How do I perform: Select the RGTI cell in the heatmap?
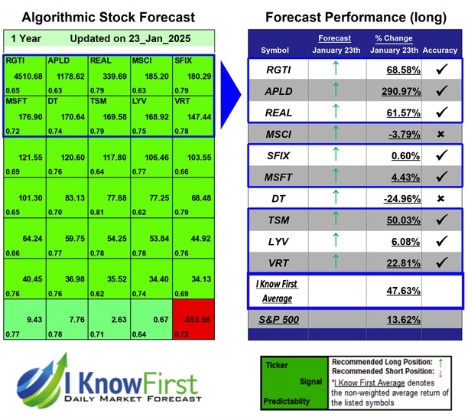pyautogui.click(x=24, y=74)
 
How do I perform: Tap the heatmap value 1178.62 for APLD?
pyautogui.click(x=67, y=75)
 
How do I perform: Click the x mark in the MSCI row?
pyautogui.click(x=440, y=135)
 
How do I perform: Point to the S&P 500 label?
pyautogui.click(x=280, y=320)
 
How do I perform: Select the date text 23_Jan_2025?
pyautogui.click(x=152, y=38)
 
